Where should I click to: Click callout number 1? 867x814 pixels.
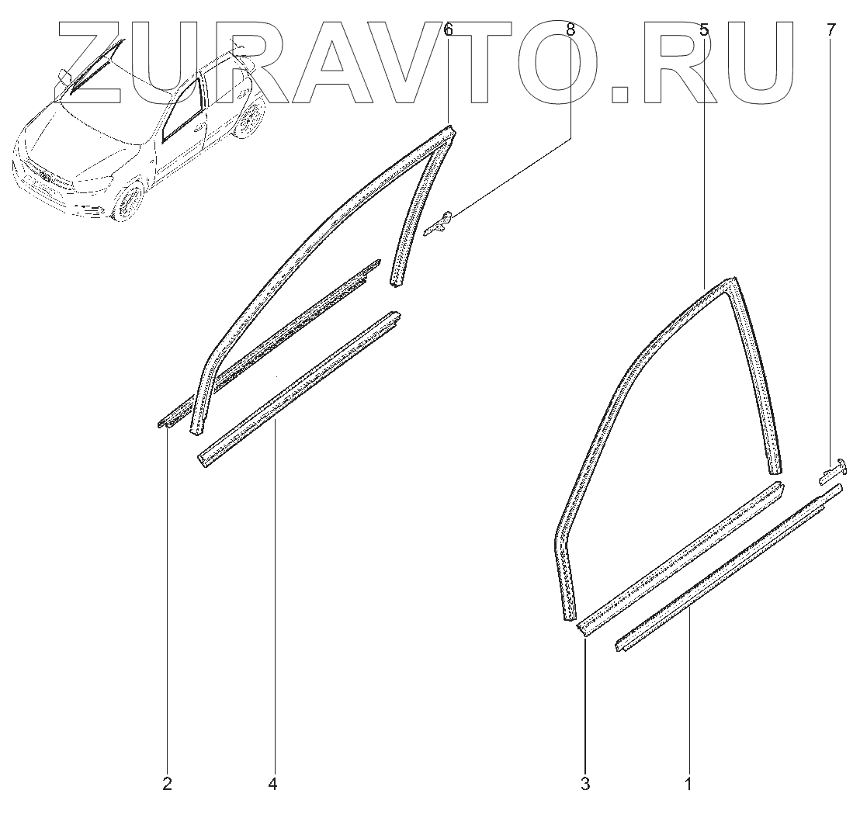(x=688, y=785)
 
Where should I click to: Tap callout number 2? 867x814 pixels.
(x=167, y=785)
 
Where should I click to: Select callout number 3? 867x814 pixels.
(x=585, y=785)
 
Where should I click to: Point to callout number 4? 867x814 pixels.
(x=272, y=785)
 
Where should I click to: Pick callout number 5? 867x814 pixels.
(x=703, y=30)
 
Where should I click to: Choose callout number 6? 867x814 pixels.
(x=448, y=30)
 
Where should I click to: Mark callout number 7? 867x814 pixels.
(x=831, y=30)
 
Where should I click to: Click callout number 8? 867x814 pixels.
(x=570, y=30)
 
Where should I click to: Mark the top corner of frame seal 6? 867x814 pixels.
(x=449, y=132)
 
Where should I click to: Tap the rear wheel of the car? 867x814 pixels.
(x=248, y=118)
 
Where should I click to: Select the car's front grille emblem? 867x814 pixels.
(x=45, y=178)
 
